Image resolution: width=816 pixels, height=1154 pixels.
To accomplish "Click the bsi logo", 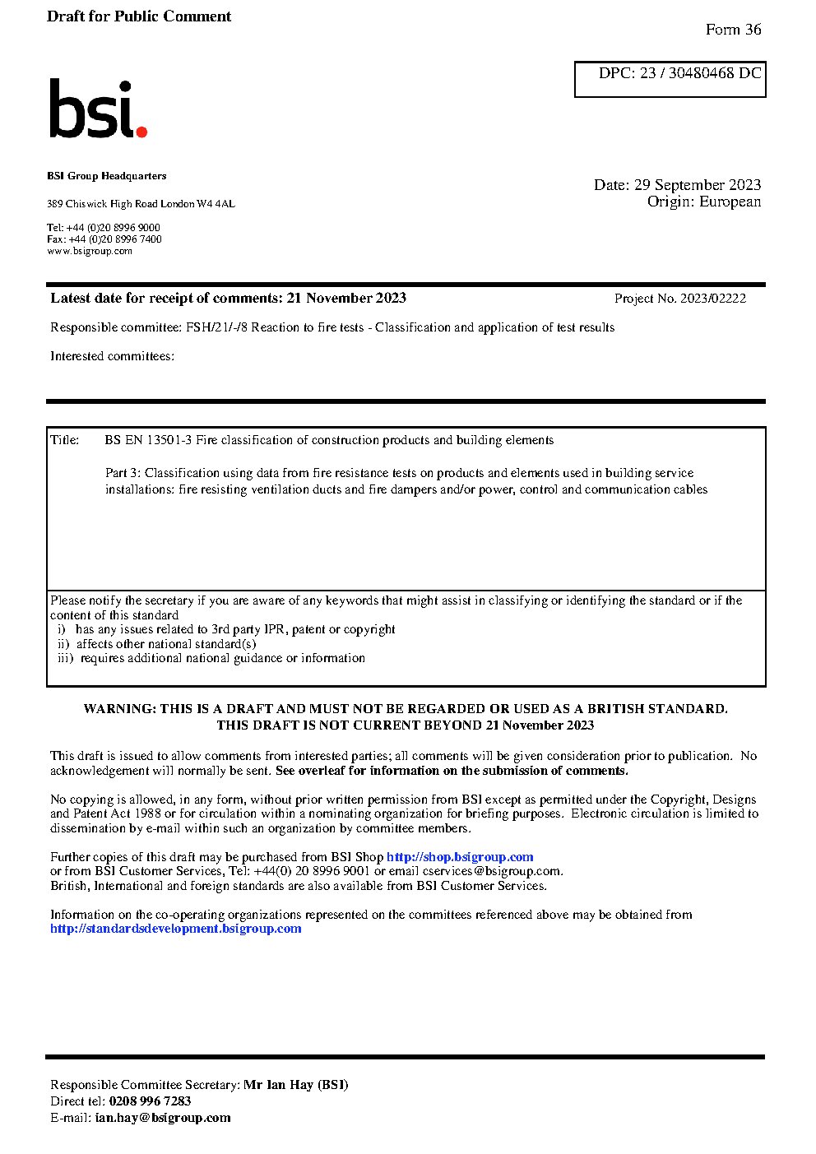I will (x=97, y=109).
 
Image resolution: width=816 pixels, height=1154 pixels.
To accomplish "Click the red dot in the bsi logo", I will (x=141, y=131).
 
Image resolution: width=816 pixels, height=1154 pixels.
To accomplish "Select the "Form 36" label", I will (x=733, y=30).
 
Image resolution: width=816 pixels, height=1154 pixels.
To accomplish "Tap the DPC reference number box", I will (x=670, y=79).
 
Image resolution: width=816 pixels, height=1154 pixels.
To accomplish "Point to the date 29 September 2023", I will (x=697, y=185).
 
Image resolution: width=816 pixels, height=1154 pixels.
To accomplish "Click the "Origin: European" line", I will (x=703, y=202).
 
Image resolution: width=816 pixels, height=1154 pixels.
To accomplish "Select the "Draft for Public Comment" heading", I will (x=139, y=16).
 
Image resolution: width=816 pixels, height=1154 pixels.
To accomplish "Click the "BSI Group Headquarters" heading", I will (x=106, y=176).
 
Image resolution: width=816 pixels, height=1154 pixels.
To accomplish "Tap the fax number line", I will (x=104, y=239).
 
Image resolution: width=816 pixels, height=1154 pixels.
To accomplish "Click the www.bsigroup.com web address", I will (x=90, y=251).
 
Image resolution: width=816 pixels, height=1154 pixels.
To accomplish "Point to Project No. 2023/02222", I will (x=679, y=299).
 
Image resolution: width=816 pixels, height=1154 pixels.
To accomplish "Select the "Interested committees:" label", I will (x=112, y=356).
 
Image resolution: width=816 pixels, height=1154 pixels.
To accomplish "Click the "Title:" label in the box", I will (x=65, y=440).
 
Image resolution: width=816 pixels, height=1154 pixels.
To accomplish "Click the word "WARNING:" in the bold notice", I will (x=119, y=709).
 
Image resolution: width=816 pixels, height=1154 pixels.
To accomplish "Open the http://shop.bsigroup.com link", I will (x=460, y=857).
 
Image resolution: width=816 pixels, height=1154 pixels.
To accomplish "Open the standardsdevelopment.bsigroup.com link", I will (x=175, y=929).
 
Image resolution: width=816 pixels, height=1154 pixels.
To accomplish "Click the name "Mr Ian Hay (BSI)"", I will (x=295, y=1085).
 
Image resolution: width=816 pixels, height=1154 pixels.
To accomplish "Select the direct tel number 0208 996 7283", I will (x=150, y=1101).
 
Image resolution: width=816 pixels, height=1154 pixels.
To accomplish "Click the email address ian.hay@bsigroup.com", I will (x=163, y=1118).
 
